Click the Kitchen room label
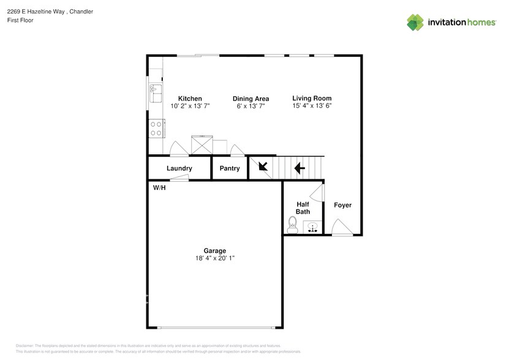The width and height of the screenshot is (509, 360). click(x=190, y=99)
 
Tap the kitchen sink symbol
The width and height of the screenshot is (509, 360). click(x=154, y=94)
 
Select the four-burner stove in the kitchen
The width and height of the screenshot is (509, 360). click(x=156, y=128)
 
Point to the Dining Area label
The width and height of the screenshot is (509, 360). click(x=251, y=99)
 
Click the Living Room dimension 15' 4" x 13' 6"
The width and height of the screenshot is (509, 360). click(x=312, y=106)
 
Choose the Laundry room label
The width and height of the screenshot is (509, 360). click(x=179, y=168)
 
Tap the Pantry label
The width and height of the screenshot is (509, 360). click(x=230, y=168)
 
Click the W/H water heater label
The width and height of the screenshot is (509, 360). click(x=159, y=187)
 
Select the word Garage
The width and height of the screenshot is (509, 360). click(x=215, y=250)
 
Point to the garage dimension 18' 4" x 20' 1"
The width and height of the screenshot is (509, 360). click(x=215, y=258)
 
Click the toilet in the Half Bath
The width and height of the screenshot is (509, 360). click(x=292, y=227)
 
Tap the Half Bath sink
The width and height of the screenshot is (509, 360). click(x=313, y=228)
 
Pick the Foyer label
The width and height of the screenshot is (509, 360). click(x=342, y=205)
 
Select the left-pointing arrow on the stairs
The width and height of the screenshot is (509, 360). click(x=300, y=168)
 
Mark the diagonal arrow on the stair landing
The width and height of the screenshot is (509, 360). click(x=262, y=166)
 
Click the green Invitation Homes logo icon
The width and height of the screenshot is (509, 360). click(x=416, y=23)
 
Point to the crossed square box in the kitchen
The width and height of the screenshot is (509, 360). click(x=201, y=145)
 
